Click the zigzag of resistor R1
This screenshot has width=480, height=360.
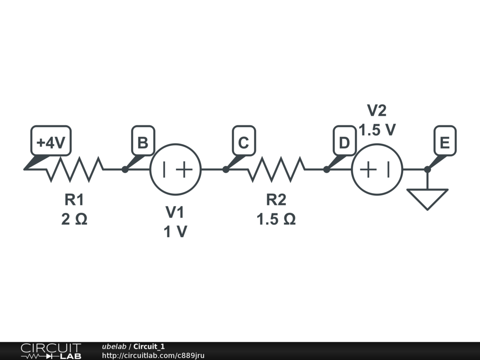(x=75, y=169)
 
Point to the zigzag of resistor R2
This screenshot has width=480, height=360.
(x=277, y=169)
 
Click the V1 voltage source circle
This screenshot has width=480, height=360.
(x=175, y=169)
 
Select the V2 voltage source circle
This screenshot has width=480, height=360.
(x=377, y=169)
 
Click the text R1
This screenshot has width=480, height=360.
(x=74, y=200)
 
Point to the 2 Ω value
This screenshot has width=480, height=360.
(x=74, y=219)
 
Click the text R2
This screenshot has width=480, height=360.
(x=276, y=200)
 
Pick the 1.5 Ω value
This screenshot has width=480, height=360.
(x=276, y=219)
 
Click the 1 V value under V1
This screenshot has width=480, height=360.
(x=175, y=232)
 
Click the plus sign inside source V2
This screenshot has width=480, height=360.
(x=368, y=169)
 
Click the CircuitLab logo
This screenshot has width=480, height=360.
(x=51, y=351)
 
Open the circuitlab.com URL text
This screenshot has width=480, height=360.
(x=153, y=355)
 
